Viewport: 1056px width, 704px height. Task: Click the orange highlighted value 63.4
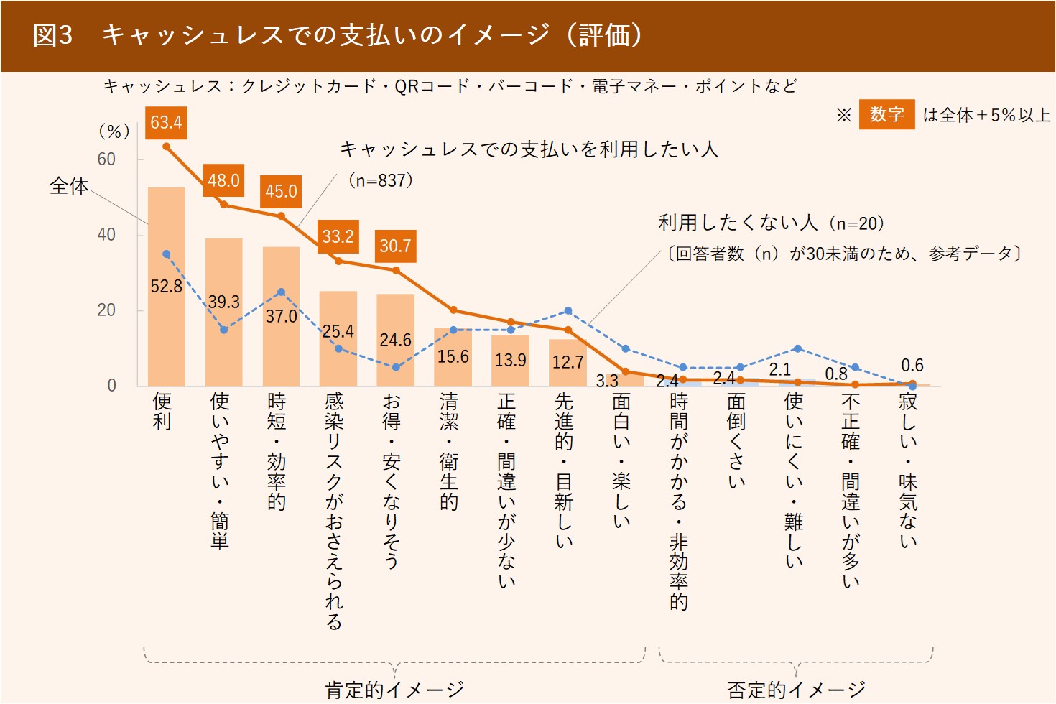point(166,122)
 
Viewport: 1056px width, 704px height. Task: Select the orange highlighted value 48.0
point(223,180)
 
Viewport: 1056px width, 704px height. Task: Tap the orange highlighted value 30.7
point(395,246)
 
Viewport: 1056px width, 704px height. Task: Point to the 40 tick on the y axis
point(106,235)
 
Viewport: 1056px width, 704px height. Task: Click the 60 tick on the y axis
point(106,159)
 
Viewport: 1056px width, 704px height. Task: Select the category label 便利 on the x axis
point(162,411)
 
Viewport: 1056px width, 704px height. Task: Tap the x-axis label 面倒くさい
point(736,440)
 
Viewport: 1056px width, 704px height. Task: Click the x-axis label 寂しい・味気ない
point(908,471)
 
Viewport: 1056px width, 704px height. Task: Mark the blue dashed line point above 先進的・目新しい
point(568,311)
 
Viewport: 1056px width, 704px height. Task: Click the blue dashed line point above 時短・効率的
point(281,292)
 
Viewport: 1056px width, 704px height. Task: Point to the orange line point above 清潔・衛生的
point(453,310)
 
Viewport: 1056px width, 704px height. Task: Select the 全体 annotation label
point(68,186)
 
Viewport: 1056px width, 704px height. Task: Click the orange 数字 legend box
point(886,114)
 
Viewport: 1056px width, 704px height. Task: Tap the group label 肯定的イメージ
point(394,690)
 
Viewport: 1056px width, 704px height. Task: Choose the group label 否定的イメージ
point(796,690)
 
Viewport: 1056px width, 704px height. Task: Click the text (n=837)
point(381,180)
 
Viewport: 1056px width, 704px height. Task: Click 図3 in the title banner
point(52,36)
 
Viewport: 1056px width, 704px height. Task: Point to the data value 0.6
point(912,366)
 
